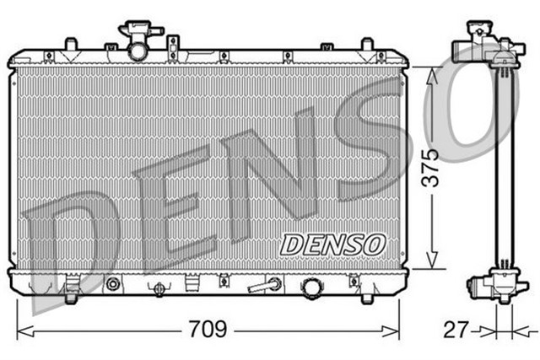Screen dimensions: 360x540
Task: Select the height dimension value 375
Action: (431, 167)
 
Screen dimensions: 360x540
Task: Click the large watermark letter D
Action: (72, 240)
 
